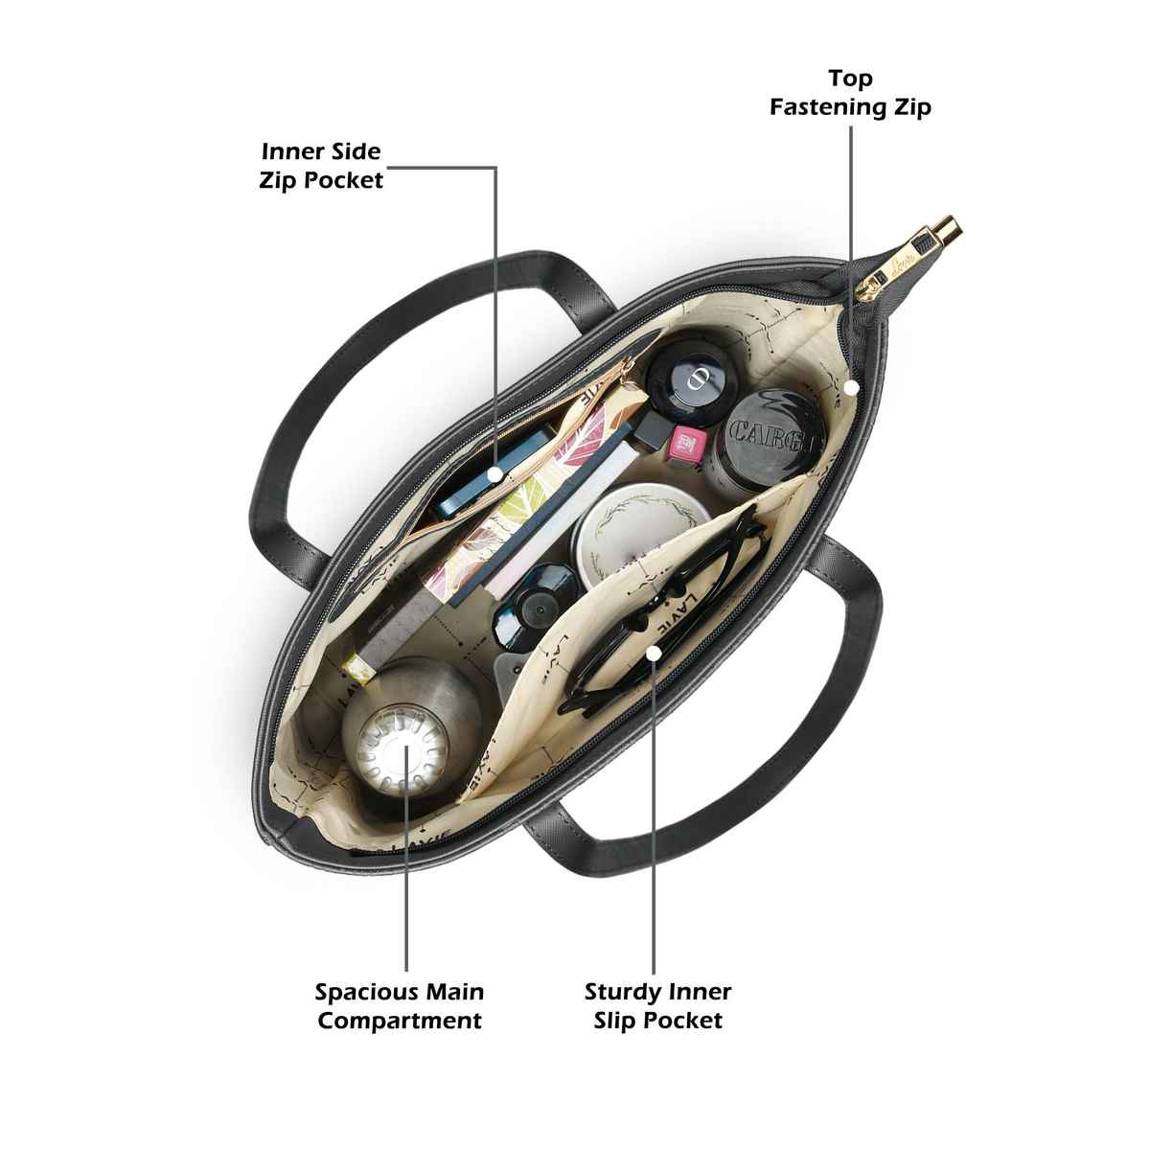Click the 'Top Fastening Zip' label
850,92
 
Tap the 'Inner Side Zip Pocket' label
321,166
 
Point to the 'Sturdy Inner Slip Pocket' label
657,1005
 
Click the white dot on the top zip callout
851,387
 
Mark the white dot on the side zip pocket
494,473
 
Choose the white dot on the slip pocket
654,653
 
